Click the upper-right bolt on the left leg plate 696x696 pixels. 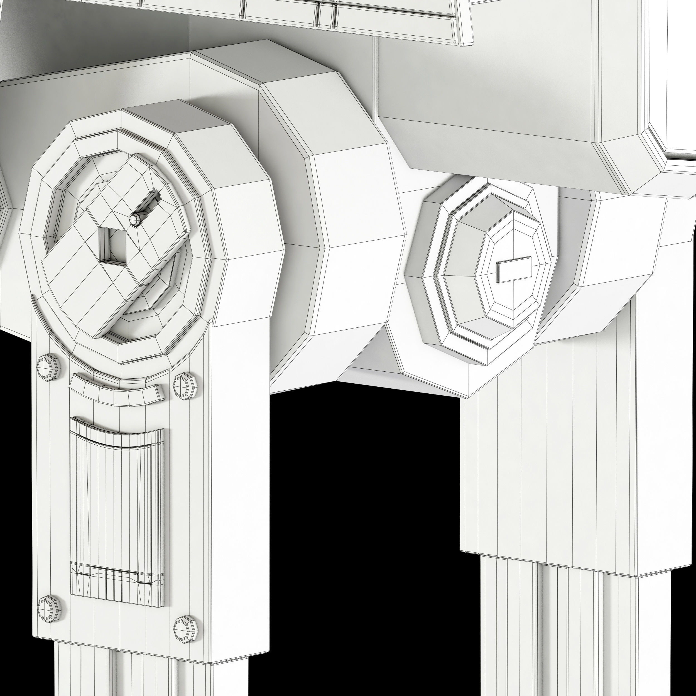(185, 386)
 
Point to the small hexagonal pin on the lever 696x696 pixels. (136, 219)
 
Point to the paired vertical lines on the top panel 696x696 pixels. (326, 14)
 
